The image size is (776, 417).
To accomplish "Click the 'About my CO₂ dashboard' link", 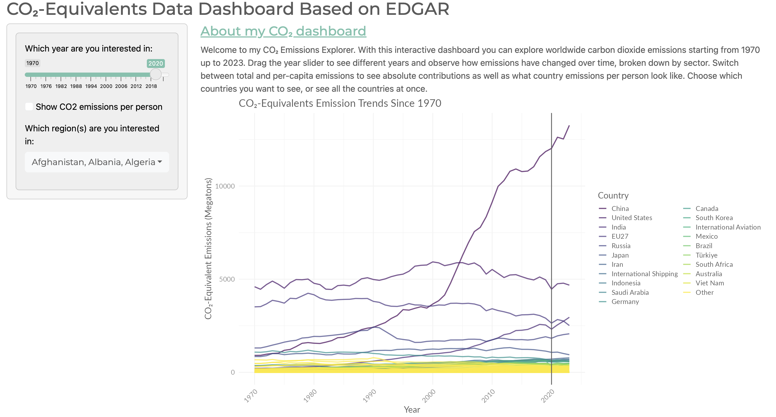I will point(283,31).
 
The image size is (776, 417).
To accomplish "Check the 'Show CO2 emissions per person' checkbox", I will point(29,107).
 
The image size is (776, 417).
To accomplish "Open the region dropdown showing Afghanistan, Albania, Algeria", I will point(97,162).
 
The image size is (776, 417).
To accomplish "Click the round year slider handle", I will point(156,74).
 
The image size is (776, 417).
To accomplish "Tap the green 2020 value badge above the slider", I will point(155,63).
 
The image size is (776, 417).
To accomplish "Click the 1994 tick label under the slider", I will point(91,86).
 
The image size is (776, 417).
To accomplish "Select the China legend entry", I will point(620,209).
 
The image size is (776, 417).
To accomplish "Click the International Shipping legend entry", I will point(644,274).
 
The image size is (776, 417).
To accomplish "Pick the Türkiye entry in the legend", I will point(706,255).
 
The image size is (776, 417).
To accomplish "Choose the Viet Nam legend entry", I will point(709,283).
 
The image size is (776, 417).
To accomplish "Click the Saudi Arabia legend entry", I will point(630,292).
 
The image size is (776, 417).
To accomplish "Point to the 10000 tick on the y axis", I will point(225,186).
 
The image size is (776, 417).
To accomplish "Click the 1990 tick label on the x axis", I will point(370,396).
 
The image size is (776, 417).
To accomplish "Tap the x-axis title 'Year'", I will point(412,409).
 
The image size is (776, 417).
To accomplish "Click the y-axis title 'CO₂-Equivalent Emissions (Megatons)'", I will point(208,248).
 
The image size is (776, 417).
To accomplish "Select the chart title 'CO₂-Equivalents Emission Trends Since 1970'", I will point(340,103).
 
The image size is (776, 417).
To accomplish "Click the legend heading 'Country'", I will point(613,196).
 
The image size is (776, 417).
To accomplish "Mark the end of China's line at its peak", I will point(569,126).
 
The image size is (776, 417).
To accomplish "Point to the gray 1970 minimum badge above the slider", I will point(32,63).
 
